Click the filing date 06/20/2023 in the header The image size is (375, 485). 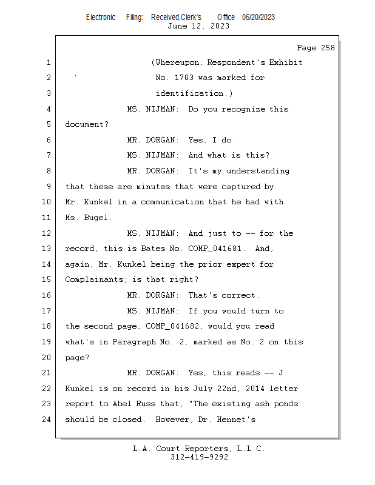(258, 17)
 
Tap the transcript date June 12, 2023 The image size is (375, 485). (198, 26)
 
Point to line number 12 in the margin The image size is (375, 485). (47, 233)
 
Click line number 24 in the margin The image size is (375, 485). (47, 420)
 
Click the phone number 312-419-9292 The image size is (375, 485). (199, 458)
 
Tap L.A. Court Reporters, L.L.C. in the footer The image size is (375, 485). (199, 449)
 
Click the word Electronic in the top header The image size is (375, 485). (100, 17)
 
